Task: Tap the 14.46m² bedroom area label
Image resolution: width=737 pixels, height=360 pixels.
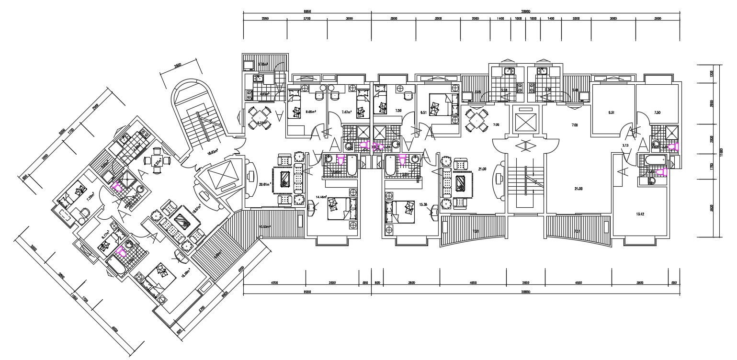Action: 320,197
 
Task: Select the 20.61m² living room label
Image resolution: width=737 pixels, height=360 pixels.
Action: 265,184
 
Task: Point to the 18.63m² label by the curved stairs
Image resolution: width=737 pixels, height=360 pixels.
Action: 212,152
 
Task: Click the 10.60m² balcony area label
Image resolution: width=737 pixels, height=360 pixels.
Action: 264,226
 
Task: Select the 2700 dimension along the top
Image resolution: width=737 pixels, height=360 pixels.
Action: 307,18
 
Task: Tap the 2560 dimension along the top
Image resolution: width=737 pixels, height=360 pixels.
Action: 264,18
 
